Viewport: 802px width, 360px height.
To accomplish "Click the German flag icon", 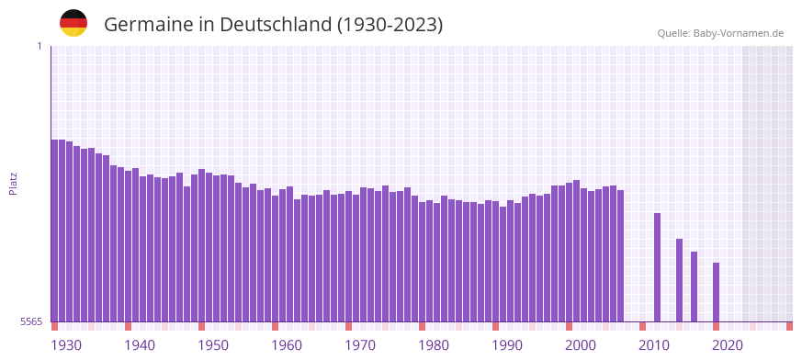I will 73,24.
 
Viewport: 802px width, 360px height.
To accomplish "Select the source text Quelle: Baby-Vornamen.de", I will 720,33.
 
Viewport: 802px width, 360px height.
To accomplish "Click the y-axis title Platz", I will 13,183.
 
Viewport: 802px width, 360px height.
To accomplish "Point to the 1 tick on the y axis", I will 39,46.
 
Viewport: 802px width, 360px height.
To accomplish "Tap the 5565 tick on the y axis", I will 30,321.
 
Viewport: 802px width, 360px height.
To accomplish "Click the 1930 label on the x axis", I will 66,345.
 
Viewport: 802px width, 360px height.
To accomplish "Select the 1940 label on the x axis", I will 140,345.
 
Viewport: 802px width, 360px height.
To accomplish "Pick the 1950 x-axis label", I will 213,345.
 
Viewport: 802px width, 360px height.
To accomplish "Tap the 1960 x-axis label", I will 287,345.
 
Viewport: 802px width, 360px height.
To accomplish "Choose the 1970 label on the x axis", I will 360,345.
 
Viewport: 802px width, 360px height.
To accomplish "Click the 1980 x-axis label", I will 434,345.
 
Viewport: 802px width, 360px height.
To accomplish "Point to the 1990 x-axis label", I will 507,345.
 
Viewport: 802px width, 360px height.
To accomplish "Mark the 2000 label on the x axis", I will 581,345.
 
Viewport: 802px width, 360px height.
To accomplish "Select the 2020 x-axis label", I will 728,345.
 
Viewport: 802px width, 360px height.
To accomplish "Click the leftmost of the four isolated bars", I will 658,267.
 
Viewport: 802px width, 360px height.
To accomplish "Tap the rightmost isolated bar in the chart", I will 717,292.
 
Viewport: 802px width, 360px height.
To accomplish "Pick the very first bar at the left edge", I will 55,231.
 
